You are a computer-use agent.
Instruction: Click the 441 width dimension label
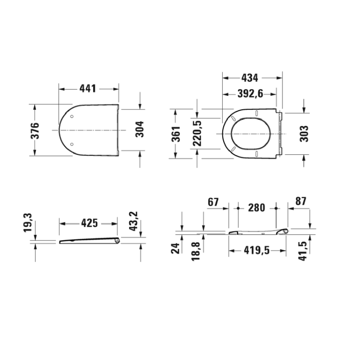89,89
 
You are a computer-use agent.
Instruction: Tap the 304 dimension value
139,130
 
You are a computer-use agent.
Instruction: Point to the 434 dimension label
250,78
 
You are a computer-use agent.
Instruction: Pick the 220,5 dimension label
197,134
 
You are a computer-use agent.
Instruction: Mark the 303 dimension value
304,134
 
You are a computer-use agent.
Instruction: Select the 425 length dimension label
89,223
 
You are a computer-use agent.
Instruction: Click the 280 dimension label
257,208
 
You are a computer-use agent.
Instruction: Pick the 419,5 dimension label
257,251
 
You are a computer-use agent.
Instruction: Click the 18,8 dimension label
197,251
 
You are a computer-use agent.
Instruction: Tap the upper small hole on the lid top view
72,115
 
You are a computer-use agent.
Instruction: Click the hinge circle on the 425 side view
117,241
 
